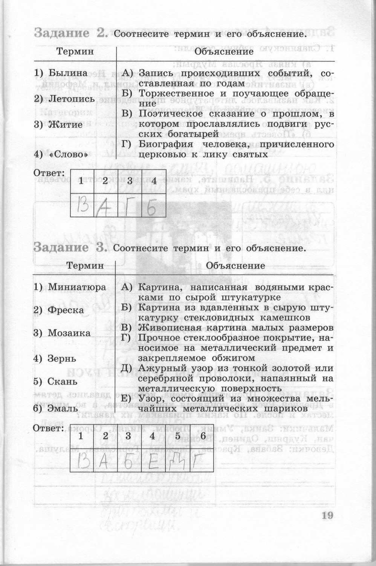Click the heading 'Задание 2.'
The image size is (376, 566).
click(x=71, y=33)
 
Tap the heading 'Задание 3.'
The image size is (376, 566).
click(x=71, y=248)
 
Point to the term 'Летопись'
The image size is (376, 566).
click(x=72, y=99)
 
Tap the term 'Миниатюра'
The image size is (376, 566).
click(x=77, y=287)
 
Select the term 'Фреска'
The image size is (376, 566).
click(x=66, y=310)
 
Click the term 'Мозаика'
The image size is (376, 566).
click(x=69, y=333)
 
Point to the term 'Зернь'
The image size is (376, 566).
click(x=62, y=358)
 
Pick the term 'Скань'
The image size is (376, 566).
click(x=63, y=381)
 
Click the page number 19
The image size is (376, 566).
click(x=327, y=516)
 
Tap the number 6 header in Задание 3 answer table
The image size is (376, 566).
click(x=203, y=436)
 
